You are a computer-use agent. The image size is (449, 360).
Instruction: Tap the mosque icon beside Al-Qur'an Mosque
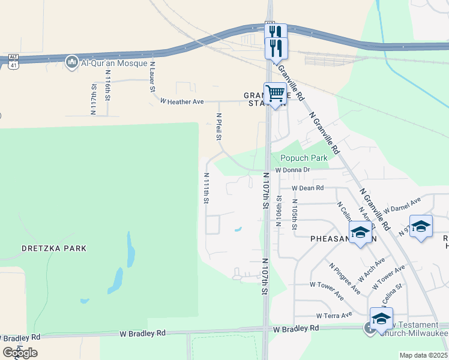[x=72, y=62]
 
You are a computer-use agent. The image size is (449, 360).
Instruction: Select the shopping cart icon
[x=275, y=95]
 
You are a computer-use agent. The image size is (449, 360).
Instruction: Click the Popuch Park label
[x=304, y=158]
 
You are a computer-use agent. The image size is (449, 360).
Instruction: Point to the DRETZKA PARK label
[x=54, y=248]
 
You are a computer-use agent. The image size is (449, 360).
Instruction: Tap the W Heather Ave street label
[x=182, y=102]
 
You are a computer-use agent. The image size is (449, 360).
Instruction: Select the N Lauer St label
[x=152, y=76]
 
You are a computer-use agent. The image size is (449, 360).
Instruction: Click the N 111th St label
[x=206, y=188]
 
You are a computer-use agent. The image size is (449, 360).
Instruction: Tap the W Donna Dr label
[x=292, y=170]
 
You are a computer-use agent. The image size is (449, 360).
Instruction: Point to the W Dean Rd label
[x=308, y=188]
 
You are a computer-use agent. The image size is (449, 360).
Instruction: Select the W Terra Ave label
[x=334, y=315]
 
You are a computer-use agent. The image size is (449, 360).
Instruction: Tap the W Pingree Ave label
[x=345, y=278]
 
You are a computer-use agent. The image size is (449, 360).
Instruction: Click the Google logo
[x=20, y=353]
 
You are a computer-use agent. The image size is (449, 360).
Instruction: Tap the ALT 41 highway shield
[x=13, y=60]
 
